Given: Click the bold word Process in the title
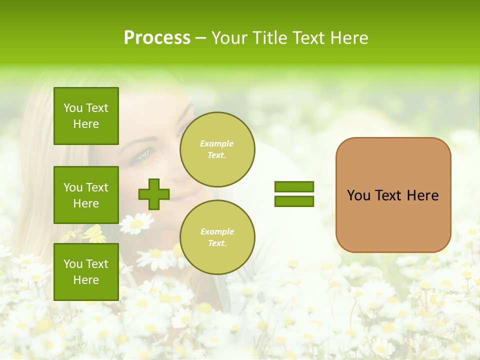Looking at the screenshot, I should (157, 38).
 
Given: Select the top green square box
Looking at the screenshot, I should (86, 116).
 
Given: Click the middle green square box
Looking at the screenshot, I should (86, 195).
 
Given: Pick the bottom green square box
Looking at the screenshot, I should (86, 272).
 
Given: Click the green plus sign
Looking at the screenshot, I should (154, 194).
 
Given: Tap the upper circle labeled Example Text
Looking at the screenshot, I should (217, 149).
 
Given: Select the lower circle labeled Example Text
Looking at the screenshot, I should (217, 237).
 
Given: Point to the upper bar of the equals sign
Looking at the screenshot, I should (294, 186).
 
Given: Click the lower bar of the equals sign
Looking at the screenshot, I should (294, 201).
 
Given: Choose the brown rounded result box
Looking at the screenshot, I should (393, 195).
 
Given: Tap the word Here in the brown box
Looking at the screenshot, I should (422, 195).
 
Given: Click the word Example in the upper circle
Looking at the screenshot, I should (217, 144).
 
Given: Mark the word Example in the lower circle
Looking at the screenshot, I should (217, 232).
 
